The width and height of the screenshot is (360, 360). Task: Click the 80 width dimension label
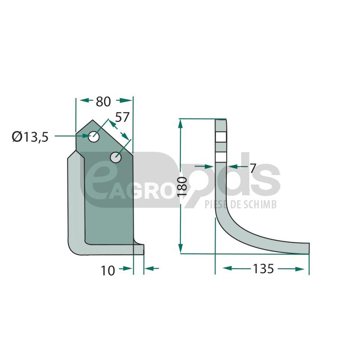tap(103, 102)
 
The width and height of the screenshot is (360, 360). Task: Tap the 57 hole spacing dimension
tap(122, 117)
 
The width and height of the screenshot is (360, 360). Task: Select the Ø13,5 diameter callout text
tap(30, 137)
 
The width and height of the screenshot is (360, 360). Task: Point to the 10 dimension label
tap(108, 270)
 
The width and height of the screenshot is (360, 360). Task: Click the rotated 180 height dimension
tap(183, 186)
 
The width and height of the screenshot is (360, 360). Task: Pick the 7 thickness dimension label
tap(252, 168)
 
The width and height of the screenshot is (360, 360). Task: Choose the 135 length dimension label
tap(263, 268)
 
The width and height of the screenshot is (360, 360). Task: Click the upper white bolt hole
tap(94, 137)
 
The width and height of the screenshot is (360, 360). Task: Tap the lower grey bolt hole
tap(116, 157)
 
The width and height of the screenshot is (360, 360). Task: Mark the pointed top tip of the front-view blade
tap(93, 120)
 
